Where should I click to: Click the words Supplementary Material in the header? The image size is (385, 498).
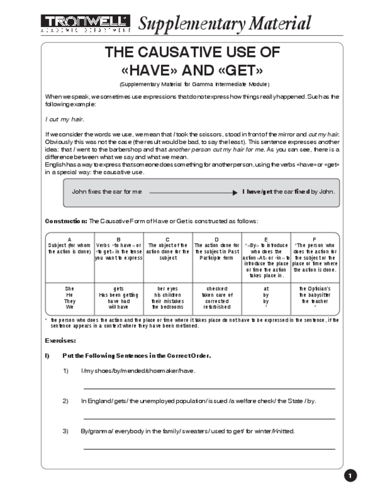[224, 23]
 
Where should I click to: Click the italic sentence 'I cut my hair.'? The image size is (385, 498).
[65, 119]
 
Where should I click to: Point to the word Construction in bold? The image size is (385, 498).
[66, 221]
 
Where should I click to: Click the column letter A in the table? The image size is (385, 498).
[69, 239]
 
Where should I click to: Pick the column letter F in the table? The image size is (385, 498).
[314, 239]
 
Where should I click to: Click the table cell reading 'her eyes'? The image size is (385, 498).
[168, 288]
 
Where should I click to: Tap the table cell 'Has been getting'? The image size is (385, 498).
[119, 294]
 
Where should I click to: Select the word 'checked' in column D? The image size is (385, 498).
[217, 288]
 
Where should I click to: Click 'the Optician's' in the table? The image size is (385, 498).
[315, 288]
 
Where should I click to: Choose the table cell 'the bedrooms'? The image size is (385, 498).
[168, 307]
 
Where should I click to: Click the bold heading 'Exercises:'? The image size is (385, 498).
[61, 340]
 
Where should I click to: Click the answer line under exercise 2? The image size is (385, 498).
[209, 419]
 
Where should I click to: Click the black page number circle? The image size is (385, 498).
[351, 476]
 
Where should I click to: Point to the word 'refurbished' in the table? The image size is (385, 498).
[217, 307]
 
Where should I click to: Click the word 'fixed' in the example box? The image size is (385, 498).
[302, 192]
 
